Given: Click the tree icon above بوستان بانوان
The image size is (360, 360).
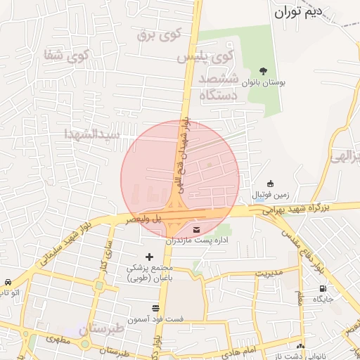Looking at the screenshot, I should pos(264,71).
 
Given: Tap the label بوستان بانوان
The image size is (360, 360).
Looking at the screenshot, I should pos(264,83).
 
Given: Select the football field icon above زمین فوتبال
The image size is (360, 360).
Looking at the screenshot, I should pos(271,184).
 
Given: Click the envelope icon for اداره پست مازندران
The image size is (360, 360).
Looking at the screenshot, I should pos(195,229).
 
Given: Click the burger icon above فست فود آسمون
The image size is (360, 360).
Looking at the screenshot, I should pos(155,308).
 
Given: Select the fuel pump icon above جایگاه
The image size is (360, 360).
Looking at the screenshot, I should pos(323,288).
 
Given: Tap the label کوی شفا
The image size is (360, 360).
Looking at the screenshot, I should pos(67,54).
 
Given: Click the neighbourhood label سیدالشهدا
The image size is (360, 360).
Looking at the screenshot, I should pos(92,133).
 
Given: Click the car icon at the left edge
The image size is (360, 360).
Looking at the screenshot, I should pos(6,281).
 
